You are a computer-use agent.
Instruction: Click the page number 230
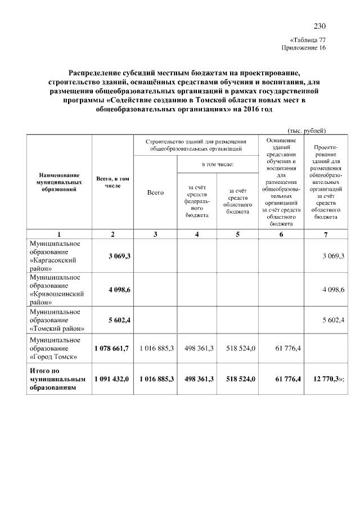(x=319, y=26)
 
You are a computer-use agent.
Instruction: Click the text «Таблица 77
(x=307, y=40)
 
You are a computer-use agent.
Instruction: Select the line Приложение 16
(x=303, y=48)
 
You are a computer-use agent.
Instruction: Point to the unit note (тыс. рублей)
(x=307, y=130)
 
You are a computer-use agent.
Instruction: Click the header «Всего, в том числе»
(x=113, y=182)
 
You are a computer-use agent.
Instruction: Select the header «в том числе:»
(x=218, y=164)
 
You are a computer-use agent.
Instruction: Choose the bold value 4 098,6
(x=119, y=290)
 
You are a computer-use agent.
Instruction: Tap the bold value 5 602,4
(x=119, y=320)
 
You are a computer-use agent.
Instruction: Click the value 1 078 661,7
(x=112, y=349)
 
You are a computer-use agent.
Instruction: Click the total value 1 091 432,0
(x=112, y=380)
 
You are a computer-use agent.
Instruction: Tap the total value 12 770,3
(x=323, y=380)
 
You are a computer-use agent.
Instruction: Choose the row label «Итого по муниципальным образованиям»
(x=56, y=380)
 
